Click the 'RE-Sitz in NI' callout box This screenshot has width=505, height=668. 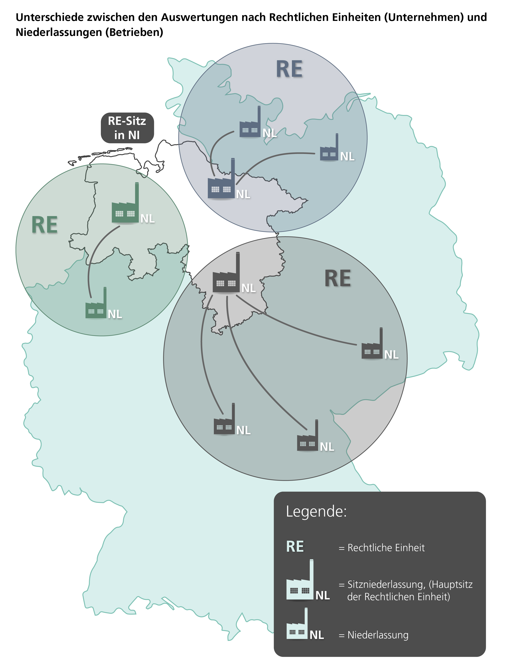pos(127,128)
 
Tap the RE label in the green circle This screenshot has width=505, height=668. pos(45,225)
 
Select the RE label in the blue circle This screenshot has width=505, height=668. pos(289,69)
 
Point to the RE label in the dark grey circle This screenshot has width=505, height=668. pos(337,278)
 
